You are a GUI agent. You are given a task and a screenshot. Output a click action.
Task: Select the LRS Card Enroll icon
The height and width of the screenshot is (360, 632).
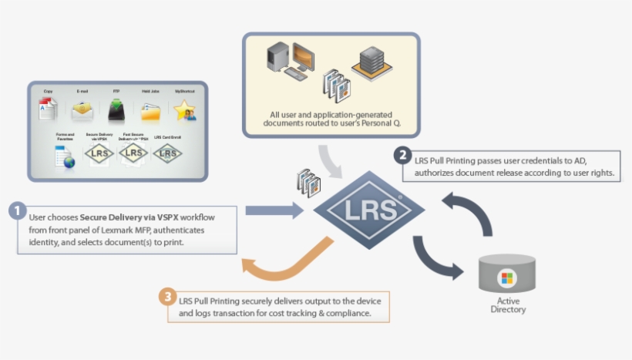(x=168, y=153)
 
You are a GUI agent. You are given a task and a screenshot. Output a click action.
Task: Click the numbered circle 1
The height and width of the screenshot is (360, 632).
(x=18, y=210)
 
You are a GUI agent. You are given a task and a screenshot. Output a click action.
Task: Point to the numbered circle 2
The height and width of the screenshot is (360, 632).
(x=403, y=155)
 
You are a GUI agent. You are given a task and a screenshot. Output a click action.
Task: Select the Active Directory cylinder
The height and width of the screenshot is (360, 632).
(x=506, y=274)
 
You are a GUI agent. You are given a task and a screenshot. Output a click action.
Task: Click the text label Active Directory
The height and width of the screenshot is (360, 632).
(x=508, y=304)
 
